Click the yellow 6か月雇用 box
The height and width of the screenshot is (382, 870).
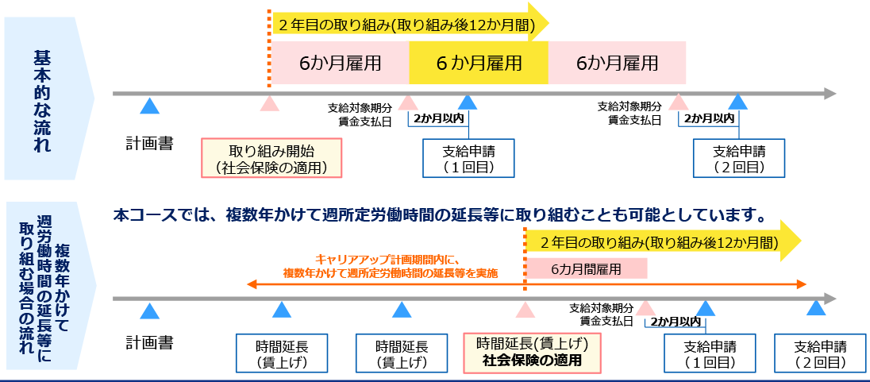(478, 63)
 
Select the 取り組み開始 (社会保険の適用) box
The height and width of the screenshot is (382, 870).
(271, 158)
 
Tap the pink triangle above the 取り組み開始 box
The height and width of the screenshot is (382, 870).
(270, 103)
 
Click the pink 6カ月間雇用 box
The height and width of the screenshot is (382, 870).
(587, 268)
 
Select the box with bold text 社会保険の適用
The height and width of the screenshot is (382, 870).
(532, 352)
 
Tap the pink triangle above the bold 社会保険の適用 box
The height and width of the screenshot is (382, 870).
(524, 309)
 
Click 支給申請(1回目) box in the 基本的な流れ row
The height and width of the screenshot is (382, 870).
(468, 158)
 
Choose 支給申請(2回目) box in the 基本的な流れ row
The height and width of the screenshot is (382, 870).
(738, 158)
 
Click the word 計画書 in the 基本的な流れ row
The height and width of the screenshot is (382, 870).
(149, 144)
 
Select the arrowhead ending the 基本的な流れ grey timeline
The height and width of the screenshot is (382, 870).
(830, 94)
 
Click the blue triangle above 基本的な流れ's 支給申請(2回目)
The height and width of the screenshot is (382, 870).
(738, 102)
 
